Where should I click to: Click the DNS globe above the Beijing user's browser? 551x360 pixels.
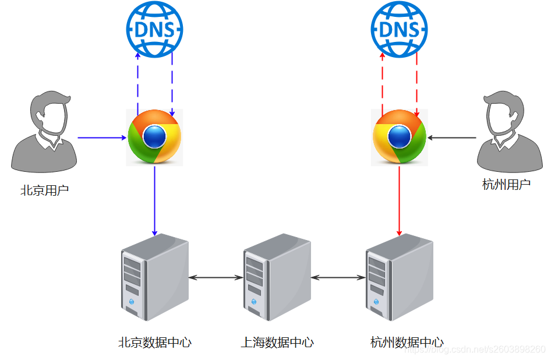(x=155, y=29)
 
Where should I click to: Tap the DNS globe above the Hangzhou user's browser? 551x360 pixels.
(x=400, y=29)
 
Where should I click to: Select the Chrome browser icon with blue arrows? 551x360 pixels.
(x=155, y=137)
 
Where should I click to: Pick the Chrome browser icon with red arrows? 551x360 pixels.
(x=400, y=137)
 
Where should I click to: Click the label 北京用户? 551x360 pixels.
(x=44, y=190)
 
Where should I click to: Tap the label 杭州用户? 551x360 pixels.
(x=506, y=185)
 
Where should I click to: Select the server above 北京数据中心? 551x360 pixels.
(x=155, y=277)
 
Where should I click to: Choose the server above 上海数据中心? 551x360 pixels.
(x=277, y=277)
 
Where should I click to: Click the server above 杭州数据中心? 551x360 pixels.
(x=400, y=277)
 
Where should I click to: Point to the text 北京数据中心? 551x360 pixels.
(x=155, y=342)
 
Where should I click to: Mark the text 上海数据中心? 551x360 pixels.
(x=277, y=342)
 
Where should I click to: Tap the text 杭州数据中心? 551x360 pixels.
(x=407, y=342)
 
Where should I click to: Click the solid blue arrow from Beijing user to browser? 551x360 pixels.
(x=102, y=137)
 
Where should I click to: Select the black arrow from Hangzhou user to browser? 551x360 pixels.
(x=452, y=137)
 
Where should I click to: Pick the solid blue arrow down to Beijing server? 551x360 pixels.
(x=155, y=201)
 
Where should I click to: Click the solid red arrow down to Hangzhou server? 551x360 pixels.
(x=400, y=201)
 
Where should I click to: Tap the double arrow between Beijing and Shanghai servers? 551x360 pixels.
(x=216, y=278)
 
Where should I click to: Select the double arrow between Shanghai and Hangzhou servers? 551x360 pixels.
(x=338, y=278)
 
